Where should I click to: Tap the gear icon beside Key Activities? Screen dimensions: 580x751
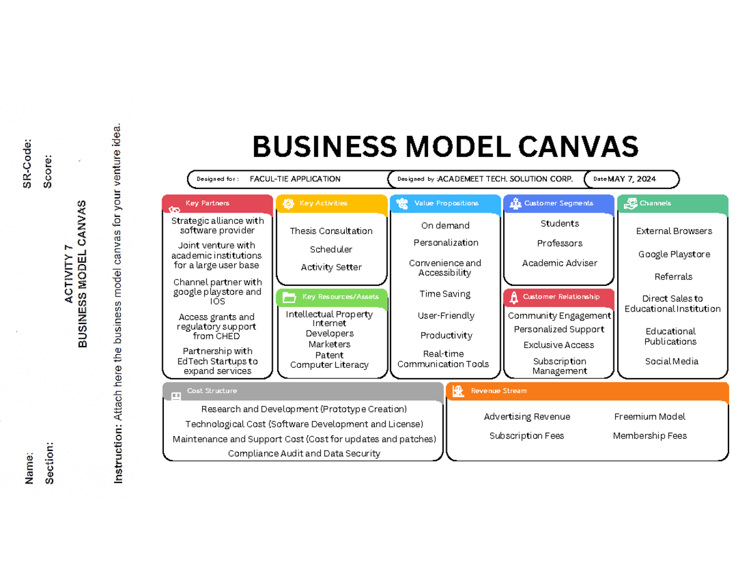(288, 203)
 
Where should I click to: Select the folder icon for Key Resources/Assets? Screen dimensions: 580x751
(289, 297)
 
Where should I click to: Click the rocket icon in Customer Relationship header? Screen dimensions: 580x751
(514, 297)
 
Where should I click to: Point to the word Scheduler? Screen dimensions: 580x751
(331, 250)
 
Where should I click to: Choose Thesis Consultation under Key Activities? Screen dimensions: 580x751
(331, 231)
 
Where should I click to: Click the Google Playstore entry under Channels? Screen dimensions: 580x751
(673, 254)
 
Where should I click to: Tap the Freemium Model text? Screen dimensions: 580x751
(650, 417)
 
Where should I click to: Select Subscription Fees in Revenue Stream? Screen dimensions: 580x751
(526, 435)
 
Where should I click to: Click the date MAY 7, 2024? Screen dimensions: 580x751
(632, 179)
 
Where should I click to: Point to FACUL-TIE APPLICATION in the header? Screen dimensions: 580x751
(295, 179)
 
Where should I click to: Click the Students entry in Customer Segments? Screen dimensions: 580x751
(559, 223)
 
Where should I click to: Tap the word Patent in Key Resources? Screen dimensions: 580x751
(329, 355)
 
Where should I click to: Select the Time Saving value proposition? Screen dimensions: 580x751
(445, 293)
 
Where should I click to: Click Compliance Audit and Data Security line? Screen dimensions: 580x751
(304, 454)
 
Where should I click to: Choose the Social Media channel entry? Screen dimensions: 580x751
(672, 361)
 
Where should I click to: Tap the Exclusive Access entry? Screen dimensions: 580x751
(559, 345)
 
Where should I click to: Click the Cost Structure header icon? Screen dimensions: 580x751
(176, 395)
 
